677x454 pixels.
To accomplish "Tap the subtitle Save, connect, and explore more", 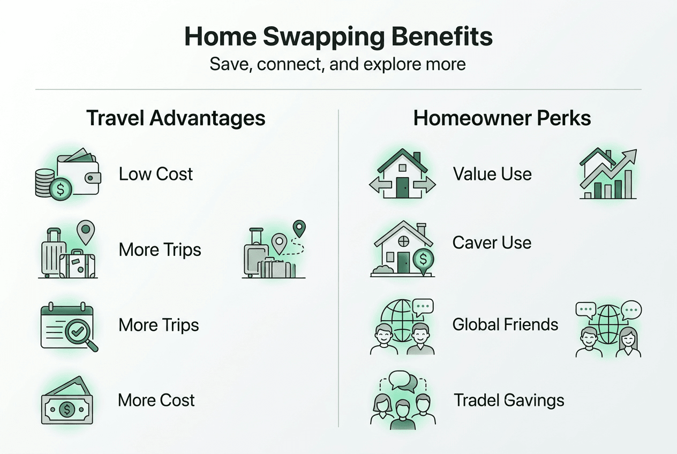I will point(337,65).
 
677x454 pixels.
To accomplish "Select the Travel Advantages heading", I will point(176,118).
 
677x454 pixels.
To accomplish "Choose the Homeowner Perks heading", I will point(502,118).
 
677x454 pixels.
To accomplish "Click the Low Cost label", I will point(155,174).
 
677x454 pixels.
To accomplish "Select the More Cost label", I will point(156,400).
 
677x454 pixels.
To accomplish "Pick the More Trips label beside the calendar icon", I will point(159,325).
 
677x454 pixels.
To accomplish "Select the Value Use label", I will point(492,174).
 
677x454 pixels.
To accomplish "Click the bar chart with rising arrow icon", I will point(608,174).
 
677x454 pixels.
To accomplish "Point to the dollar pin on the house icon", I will point(424,260).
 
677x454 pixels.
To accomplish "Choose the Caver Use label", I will point(492,243).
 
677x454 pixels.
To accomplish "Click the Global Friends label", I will point(505,324).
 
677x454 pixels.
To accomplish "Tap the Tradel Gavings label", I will point(509,400).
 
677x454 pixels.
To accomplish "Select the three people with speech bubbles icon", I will point(402,400).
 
